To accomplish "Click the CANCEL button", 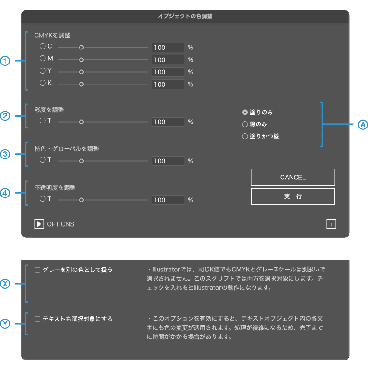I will point(293,177).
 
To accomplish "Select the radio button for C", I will point(43,46).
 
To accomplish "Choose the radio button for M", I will point(43,59).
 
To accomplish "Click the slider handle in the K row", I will point(81,84).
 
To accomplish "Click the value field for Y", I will point(168,72).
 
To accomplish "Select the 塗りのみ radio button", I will point(245,112).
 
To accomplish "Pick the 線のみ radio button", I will point(245,124).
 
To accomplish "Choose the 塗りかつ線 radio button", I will point(245,136).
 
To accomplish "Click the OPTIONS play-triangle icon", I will point(39,224).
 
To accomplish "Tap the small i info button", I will point(331,223).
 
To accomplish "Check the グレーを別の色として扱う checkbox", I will point(38,270).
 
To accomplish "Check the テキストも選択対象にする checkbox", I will point(38,319).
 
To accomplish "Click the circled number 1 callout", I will point(5,61).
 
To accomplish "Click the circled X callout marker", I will point(5,284).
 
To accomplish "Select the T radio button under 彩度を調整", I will point(43,121).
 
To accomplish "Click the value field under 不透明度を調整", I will point(168,200).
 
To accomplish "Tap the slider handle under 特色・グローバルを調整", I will point(81,161).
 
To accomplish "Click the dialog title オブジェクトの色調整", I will point(185,16).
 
